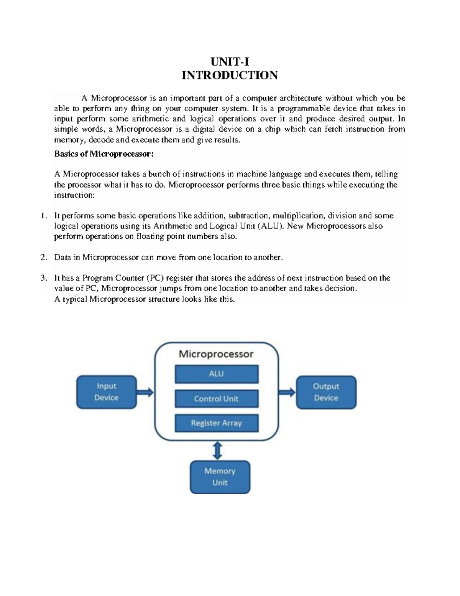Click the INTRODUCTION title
pyautogui.click(x=230, y=75)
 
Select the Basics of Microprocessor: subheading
pyautogui.click(x=104, y=154)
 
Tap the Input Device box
pyautogui.click(x=107, y=392)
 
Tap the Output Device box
pyautogui.click(x=326, y=392)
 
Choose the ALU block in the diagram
pyautogui.click(x=217, y=374)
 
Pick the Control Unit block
pyautogui.click(x=217, y=399)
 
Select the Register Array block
pyautogui.click(x=217, y=423)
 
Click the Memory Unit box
pyautogui.click(x=220, y=477)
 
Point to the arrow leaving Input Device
pyautogui.click(x=145, y=392)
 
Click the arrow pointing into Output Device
pyautogui.click(x=287, y=392)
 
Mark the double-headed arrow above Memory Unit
pyautogui.click(x=217, y=450)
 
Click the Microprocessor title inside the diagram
pyautogui.click(x=216, y=354)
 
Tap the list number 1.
pyautogui.click(x=44, y=216)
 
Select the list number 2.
pyautogui.click(x=44, y=257)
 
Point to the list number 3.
pyautogui.click(x=44, y=278)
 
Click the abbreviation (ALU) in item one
pyautogui.click(x=271, y=226)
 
